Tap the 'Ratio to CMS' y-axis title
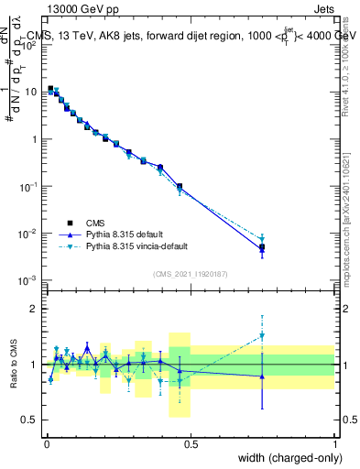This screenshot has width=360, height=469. [14, 364]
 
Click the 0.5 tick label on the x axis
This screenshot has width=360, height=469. [190, 443]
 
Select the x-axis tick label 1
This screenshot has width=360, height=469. [334, 443]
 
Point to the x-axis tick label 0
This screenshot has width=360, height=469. [46, 443]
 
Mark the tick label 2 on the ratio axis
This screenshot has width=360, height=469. [35, 309]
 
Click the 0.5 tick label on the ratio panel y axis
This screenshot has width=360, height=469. [31, 420]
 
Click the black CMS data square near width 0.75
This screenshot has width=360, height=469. [262, 247]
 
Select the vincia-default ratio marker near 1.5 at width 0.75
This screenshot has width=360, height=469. [262, 336]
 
